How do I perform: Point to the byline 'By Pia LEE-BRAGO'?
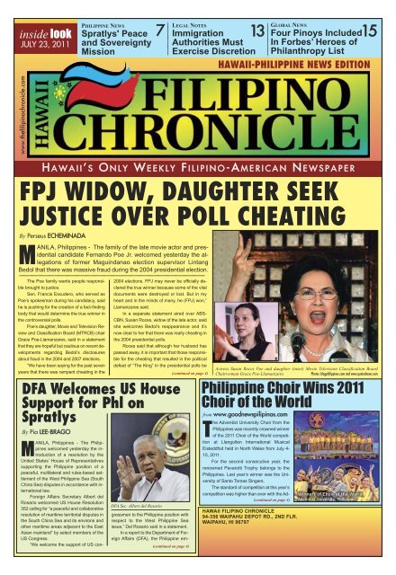click(44, 398)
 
